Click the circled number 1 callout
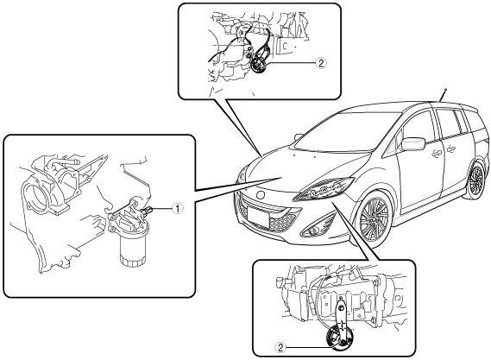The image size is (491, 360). point(177,208)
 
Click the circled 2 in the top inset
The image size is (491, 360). point(321,63)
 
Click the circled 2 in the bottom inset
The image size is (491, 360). point(280,347)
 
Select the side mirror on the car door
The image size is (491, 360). point(412,143)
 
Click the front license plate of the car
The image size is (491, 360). point(257,218)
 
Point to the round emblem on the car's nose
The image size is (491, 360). point(261,195)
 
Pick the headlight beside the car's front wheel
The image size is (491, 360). point(324,188)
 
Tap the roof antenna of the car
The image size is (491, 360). point(443,95)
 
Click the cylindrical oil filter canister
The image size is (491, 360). point(133,249)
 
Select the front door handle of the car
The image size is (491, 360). point(435,153)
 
